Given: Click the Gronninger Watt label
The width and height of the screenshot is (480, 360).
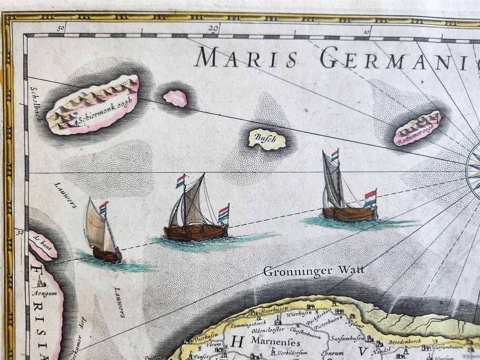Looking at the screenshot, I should coord(314,271).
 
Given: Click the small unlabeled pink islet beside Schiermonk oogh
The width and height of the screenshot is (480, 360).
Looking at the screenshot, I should coord(175,99).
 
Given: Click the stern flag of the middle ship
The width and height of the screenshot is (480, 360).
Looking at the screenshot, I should coord(223,214).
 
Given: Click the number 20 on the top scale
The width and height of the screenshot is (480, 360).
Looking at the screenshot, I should coord(213,29).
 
